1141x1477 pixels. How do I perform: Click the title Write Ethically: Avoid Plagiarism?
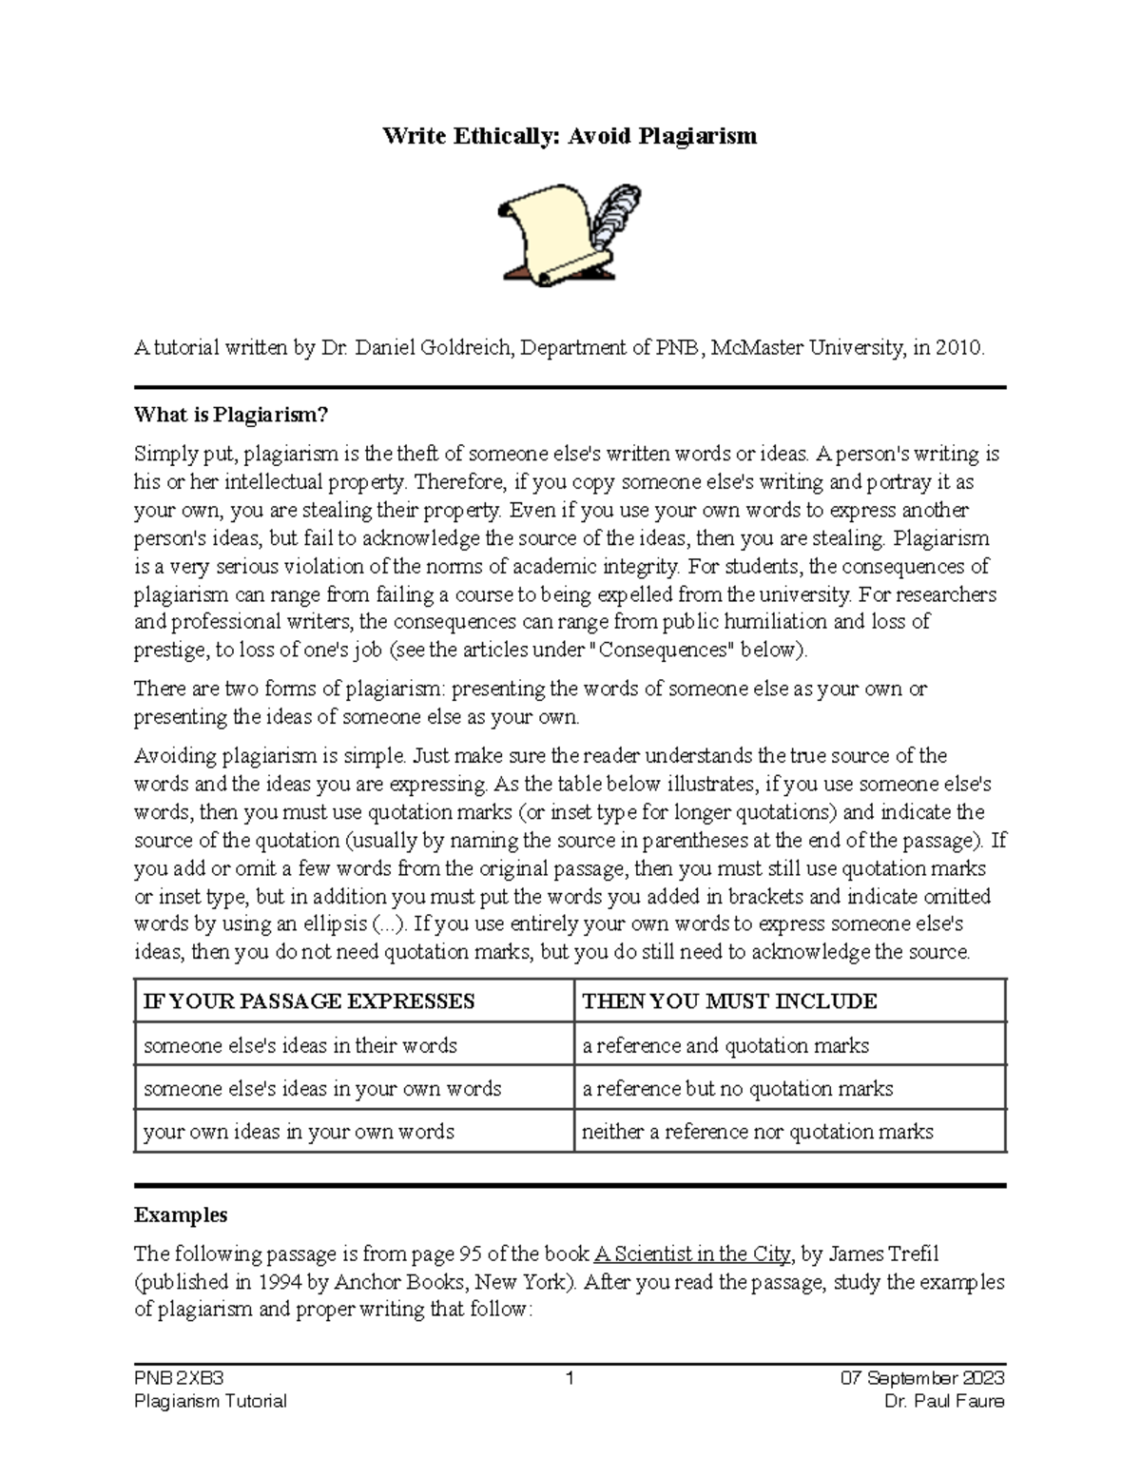(569, 136)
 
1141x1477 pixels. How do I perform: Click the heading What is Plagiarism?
(231, 415)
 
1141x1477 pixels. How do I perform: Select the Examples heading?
(181, 1215)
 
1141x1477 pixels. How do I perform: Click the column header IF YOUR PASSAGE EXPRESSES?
(308, 1001)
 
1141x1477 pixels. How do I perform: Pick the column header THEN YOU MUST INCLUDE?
(729, 1001)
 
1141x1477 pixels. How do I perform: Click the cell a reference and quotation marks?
(725, 1045)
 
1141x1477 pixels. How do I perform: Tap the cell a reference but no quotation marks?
(737, 1088)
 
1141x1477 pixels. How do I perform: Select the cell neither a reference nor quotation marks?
(757, 1131)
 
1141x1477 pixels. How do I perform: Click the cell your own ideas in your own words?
(299, 1131)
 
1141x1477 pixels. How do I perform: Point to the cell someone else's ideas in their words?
(300, 1045)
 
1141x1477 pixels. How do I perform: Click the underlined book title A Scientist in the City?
(691, 1254)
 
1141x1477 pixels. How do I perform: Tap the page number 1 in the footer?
(569, 1378)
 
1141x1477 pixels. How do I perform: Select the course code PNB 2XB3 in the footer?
(179, 1378)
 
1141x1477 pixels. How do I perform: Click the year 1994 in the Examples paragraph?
(280, 1281)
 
